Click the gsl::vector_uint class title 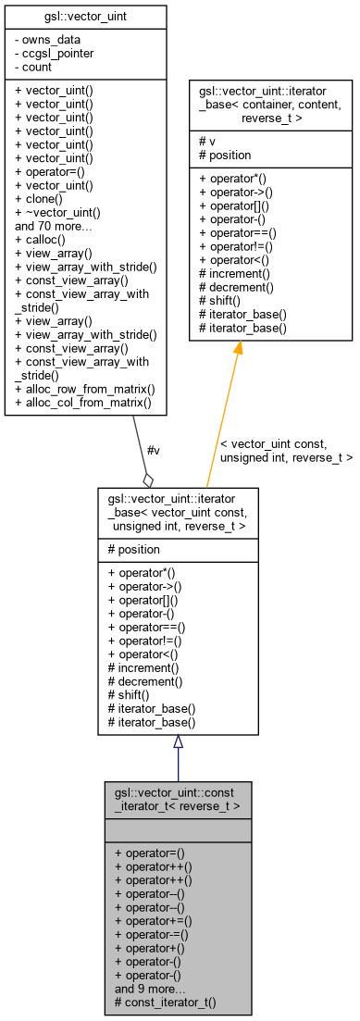(x=86, y=19)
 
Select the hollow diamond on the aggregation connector (x=147, y=479)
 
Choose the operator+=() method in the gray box (x=153, y=922)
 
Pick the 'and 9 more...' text (x=151, y=990)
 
